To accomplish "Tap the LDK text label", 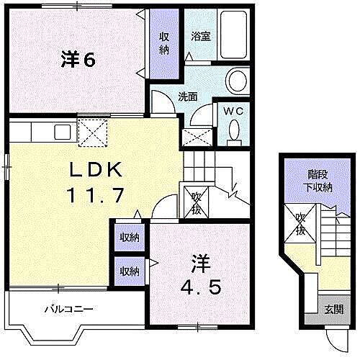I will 99,170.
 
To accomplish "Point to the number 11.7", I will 99,194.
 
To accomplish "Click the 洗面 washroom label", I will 189,96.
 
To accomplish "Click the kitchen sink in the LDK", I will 60,131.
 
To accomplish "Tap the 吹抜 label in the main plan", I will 195,204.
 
